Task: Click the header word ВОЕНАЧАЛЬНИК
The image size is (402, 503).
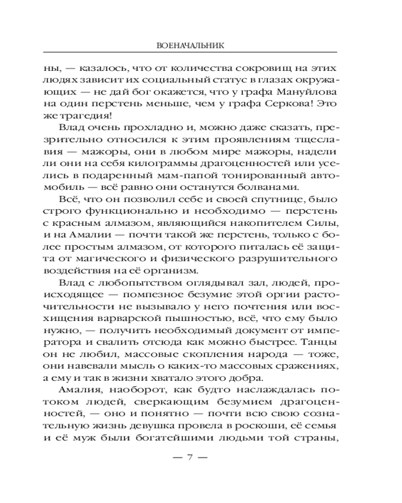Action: tap(190, 45)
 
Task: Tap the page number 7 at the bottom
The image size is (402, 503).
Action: tap(190, 458)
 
